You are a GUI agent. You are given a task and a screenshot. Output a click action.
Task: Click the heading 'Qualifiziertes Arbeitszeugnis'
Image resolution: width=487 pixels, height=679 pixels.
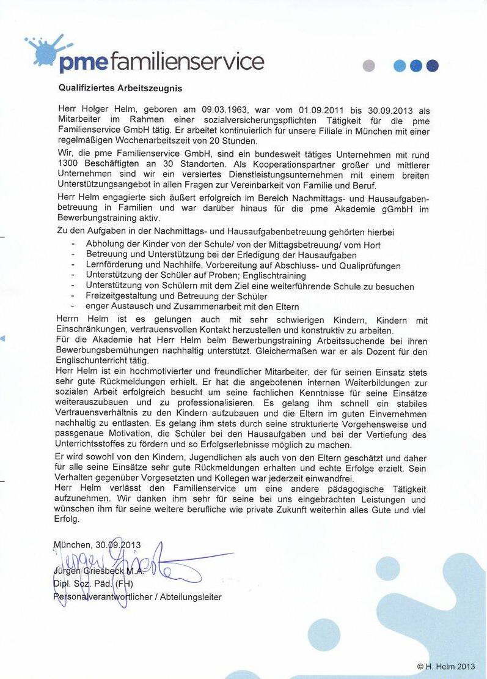click(x=120, y=88)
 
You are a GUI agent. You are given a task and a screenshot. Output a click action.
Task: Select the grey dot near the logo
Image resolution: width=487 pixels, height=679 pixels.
click(x=368, y=66)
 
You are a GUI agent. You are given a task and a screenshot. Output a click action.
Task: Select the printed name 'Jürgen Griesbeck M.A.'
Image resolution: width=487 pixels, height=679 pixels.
click(x=99, y=571)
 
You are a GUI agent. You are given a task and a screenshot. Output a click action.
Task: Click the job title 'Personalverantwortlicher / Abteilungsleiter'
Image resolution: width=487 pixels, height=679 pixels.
click(x=137, y=596)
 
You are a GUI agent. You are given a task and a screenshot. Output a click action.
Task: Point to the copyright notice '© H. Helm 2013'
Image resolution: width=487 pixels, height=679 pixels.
click(x=445, y=666)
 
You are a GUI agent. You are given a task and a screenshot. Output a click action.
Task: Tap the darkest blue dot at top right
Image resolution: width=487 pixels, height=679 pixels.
click(x=433, y=66)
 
